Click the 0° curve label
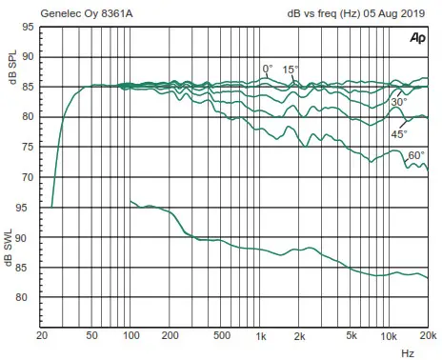[x=268, y=69]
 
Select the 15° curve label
[x=290, y=69]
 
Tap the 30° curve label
[x=398, y=102]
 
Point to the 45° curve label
[x=398, y=134]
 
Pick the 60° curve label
[x=415, y=155]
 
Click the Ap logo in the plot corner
[x=416, y=38]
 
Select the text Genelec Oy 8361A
[x=86, y=14]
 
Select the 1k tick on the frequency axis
[x=260, y=336]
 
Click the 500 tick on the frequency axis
[x=221, y=336]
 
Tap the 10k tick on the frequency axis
[x=388, y=336]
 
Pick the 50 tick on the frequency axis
[x=92, y=336]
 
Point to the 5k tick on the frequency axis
[x=351, y=336]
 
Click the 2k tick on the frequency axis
[x=299, y=336]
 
